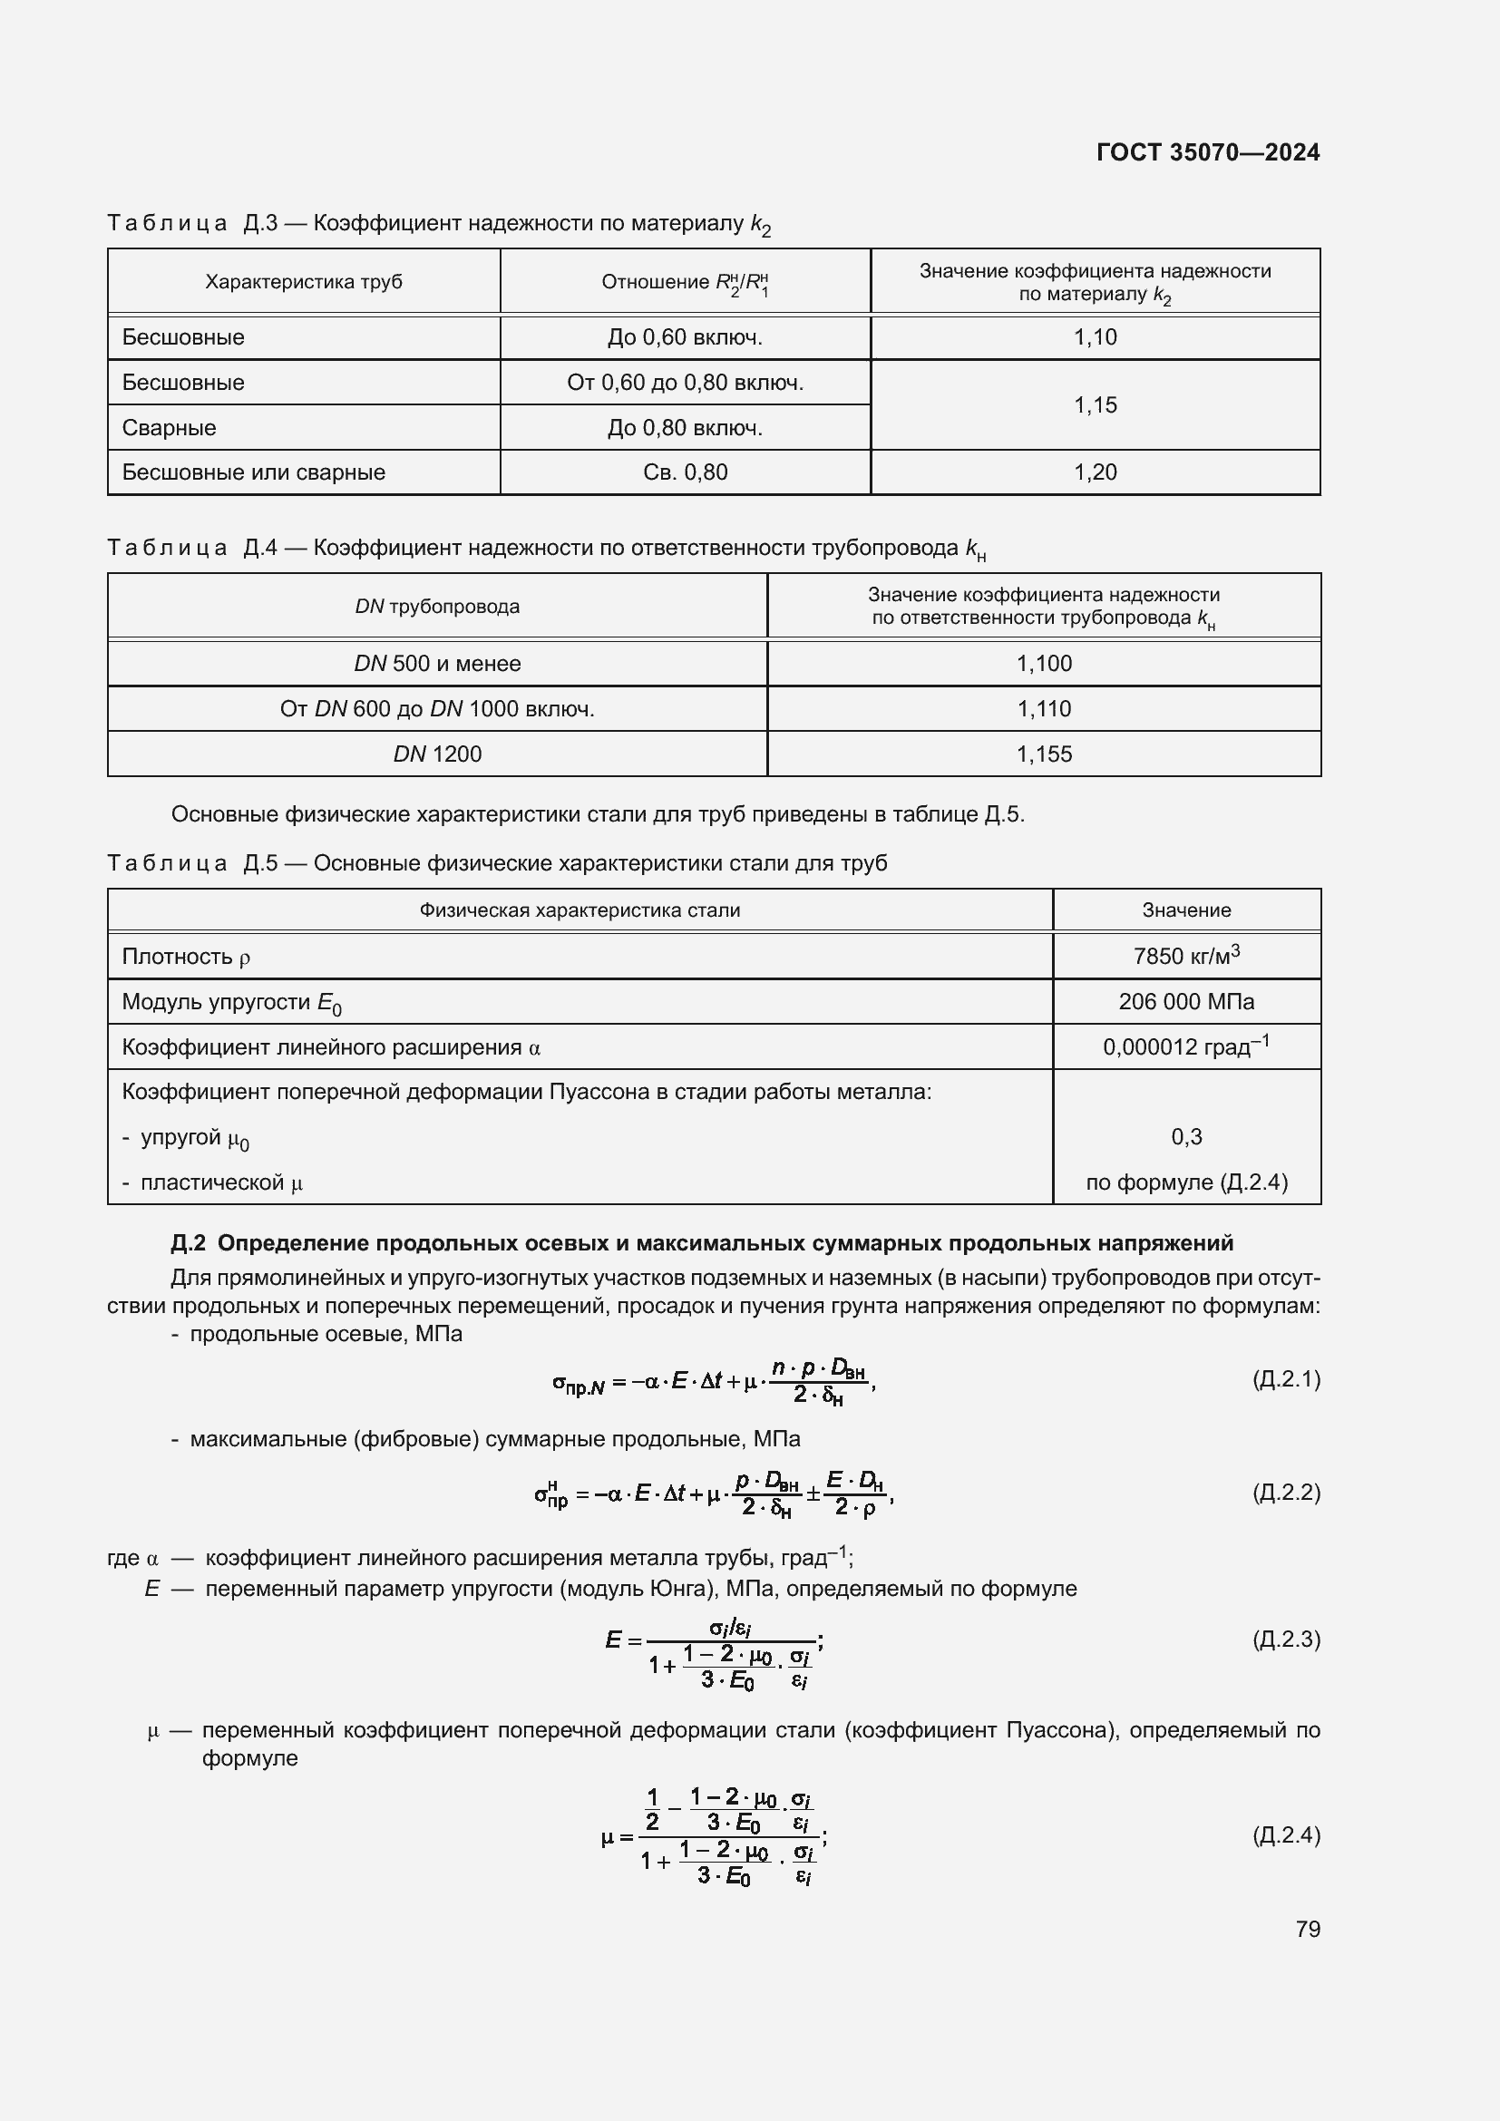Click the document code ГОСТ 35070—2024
click(1207, 152)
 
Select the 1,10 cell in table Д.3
click(1095, 337)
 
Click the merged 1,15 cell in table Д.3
click(1095, 404)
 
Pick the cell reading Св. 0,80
click(685, 472)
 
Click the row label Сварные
click(169, 428)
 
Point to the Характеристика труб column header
click(303, 282)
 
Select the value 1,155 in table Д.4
click(1044, 754)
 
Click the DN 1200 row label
click(437, 754)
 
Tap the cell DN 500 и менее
click(437, 663)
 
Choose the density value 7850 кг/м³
click(1186, 955)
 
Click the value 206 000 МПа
click(1186, 1001)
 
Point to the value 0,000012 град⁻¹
click(1186, 1046)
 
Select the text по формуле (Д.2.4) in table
click(1186, 1182)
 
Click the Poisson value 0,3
click(1186, 1136)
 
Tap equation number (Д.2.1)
click(1286, 1379)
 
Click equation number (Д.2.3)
click(1286, 1639)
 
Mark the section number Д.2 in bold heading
click(188, 1243)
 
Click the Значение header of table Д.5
click(1186, 910)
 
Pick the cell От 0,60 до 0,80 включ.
click(685, 383)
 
